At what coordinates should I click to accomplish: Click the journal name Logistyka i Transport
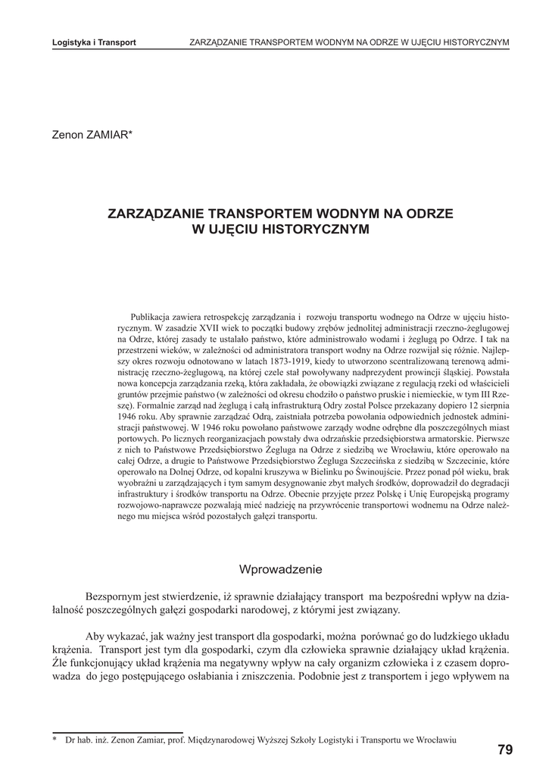point(94,42)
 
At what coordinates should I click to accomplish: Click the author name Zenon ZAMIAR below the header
point(92,135)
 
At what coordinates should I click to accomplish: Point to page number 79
point(505,750)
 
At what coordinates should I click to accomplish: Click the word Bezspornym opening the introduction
point(115,596)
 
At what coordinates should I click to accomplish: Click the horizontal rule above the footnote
point(117,733)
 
